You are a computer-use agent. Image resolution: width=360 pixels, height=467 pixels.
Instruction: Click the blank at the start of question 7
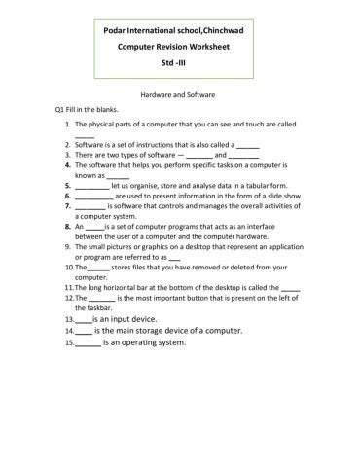(89, 205)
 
